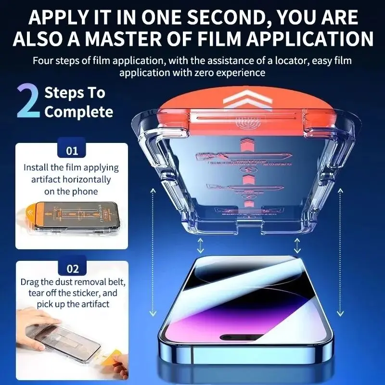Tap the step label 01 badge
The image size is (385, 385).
pos(72,151)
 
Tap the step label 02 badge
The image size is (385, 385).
pos(72,269)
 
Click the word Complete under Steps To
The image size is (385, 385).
pos(78,112)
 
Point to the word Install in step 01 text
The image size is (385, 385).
pos(37,168)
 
